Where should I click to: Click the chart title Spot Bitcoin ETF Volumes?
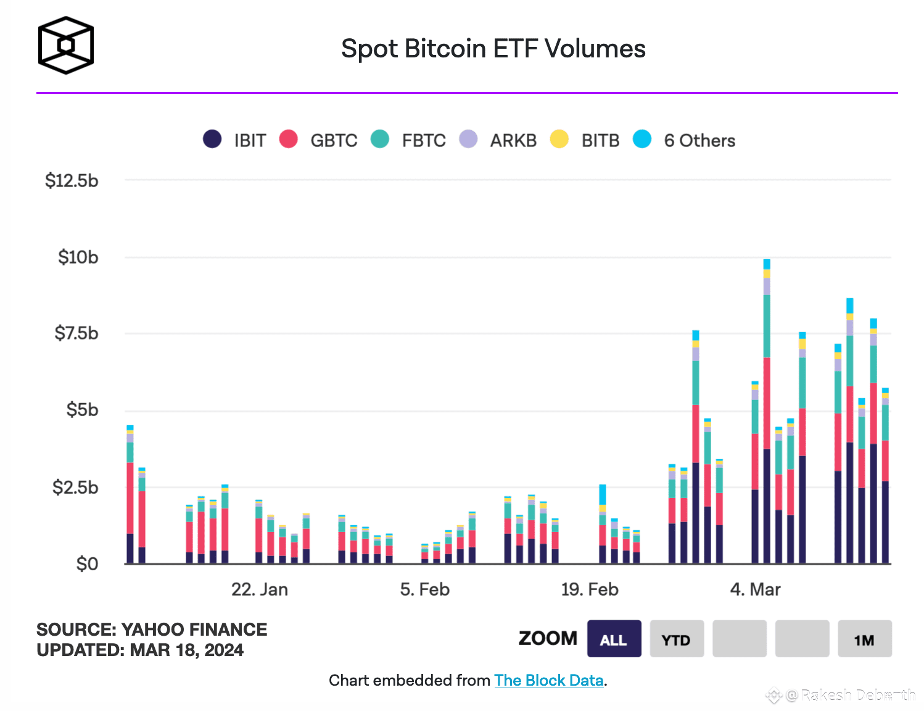coord(493,49)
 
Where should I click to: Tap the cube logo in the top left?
coord(65,46)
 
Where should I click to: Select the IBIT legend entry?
coord(235,140)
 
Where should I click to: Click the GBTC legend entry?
coord(318,140)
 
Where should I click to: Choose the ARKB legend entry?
coord(498,140)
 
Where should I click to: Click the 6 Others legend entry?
coord(685,140)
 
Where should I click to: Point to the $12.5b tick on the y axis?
coord(72,181)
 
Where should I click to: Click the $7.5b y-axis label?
coord(76,333)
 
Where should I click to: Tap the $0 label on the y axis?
coord(87,564)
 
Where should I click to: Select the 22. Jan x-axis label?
coord(260,589)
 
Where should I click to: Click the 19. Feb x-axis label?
coord(590,589)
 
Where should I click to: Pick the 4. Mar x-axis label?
coord(756,589)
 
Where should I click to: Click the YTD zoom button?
coord(677,639)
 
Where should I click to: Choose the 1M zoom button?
coord(864,639)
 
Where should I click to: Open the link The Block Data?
coord(549,680)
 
